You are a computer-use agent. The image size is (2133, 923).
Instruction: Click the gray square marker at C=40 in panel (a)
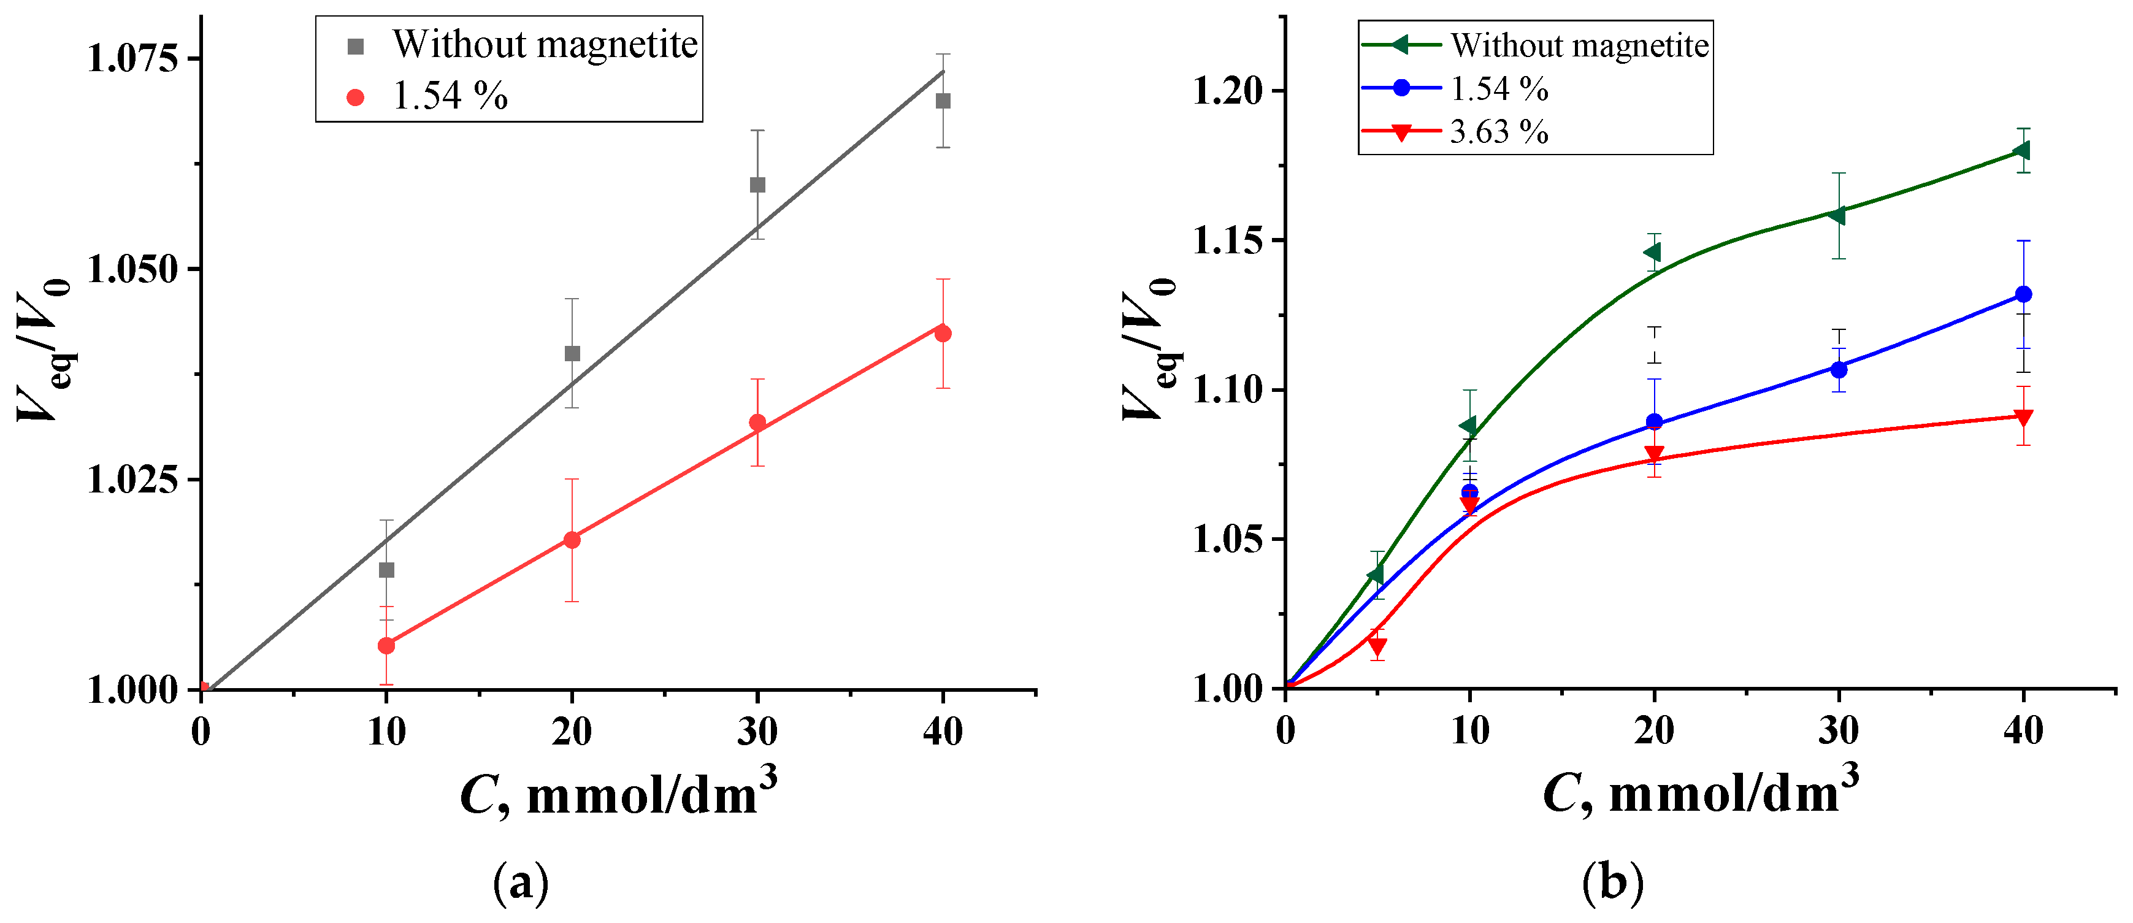tap(942, 101)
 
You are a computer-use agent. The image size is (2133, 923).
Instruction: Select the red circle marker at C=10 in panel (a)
tap(386, 645)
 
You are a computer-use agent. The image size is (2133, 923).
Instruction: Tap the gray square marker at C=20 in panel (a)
tap(572, 353)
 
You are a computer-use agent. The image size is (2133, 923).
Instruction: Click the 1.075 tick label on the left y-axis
tap(132, 59)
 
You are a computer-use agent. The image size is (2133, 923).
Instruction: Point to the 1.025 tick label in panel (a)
tap(132, 480)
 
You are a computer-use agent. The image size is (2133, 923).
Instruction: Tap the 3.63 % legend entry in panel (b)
tap(1499, 132)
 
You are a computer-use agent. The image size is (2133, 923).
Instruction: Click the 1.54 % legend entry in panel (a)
tap(450, 97)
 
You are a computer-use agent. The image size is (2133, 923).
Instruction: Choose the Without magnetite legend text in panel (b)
tap(1579, 45)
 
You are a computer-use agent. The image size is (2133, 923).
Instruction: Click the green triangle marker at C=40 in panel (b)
tap(2021, 150)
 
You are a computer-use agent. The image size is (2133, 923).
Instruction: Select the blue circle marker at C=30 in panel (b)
tap(1838, 369)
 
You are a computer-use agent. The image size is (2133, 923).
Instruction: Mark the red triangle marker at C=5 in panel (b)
tap(1377, 646)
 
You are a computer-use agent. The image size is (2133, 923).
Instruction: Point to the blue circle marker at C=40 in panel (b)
tap(2023, 294)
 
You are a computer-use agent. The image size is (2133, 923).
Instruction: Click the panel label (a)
tap(521, 883)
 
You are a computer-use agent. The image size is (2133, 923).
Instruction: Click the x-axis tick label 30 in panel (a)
tap(757, 732)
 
